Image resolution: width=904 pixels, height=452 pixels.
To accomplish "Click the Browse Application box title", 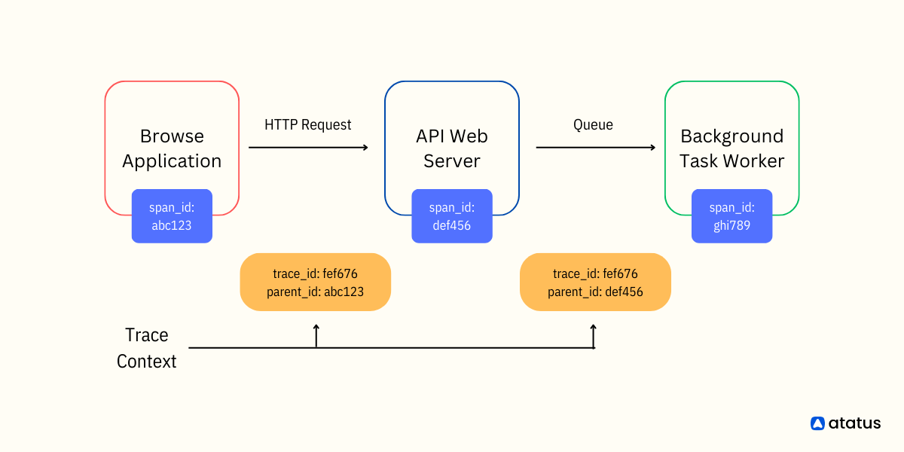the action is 172,148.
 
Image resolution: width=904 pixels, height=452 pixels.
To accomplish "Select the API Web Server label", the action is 452,148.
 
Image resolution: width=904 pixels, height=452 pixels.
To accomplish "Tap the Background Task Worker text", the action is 731,148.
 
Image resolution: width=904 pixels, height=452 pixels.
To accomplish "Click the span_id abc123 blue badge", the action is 172,216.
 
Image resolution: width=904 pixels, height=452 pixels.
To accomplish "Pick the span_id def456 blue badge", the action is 452,216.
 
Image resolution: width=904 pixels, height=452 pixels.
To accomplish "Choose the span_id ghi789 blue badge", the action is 731,216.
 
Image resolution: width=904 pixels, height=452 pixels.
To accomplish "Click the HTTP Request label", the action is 307,125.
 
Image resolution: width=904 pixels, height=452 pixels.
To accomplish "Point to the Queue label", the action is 593,125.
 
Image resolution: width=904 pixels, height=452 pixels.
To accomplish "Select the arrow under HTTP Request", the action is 308,148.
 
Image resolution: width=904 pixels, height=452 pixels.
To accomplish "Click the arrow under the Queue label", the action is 596,148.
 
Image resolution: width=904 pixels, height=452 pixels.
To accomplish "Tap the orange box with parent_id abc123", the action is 315,282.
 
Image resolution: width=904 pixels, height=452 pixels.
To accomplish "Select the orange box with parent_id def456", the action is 595,282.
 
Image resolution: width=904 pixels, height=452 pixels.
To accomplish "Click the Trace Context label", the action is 146,348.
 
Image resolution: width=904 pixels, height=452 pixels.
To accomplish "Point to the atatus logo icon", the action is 817,423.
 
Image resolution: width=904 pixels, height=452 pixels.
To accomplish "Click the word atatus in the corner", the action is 854,423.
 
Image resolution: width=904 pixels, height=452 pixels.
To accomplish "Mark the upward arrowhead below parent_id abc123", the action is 316,327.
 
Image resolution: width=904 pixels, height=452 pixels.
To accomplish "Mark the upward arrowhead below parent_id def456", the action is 594,327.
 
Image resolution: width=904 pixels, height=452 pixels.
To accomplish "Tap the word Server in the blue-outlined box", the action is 452,161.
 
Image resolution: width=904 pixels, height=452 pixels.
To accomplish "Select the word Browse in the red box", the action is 172,136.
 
